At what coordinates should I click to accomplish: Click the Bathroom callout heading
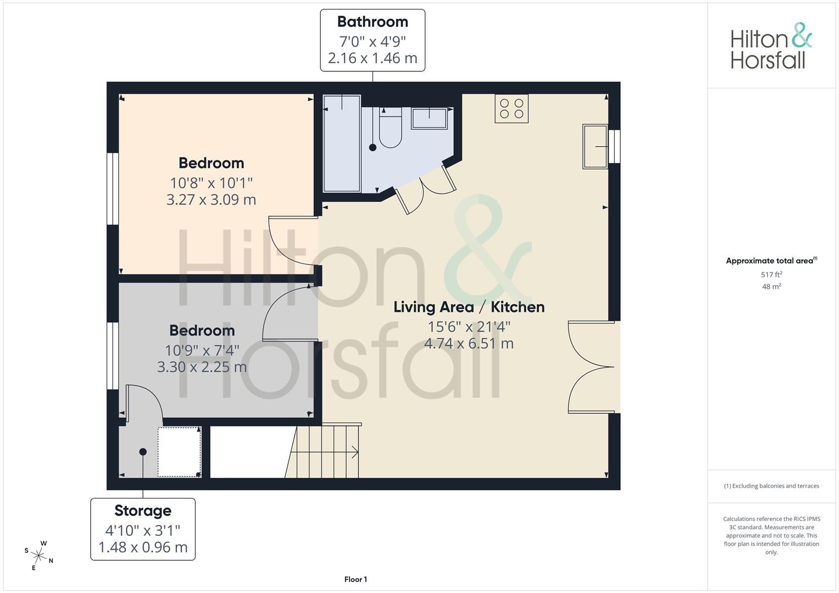(x=373, y=22)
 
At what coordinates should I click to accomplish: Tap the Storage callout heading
(x=143, y=511)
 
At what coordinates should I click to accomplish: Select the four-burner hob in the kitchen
(x=512, y=109)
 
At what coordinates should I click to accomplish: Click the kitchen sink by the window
(x=595, y=147)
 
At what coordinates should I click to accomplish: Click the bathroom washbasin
(x=429, y=119)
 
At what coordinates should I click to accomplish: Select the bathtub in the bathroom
(x=342, y=143)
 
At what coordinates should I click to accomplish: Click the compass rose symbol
(x=38, y=556)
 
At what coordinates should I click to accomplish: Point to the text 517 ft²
(x=771, y=275)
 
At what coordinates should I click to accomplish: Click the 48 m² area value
(x=771, y=287)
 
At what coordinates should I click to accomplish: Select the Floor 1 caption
(x=355, y=579)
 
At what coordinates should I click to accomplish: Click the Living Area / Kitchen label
(x=469, y=307)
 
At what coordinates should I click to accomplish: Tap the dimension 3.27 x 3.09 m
(x=211, y=199)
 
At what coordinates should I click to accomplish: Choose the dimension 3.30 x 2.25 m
(x=202, y=367)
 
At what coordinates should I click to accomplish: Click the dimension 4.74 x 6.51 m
(x=469, y=343)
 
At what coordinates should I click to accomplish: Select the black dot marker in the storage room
(x=143, y=452)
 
